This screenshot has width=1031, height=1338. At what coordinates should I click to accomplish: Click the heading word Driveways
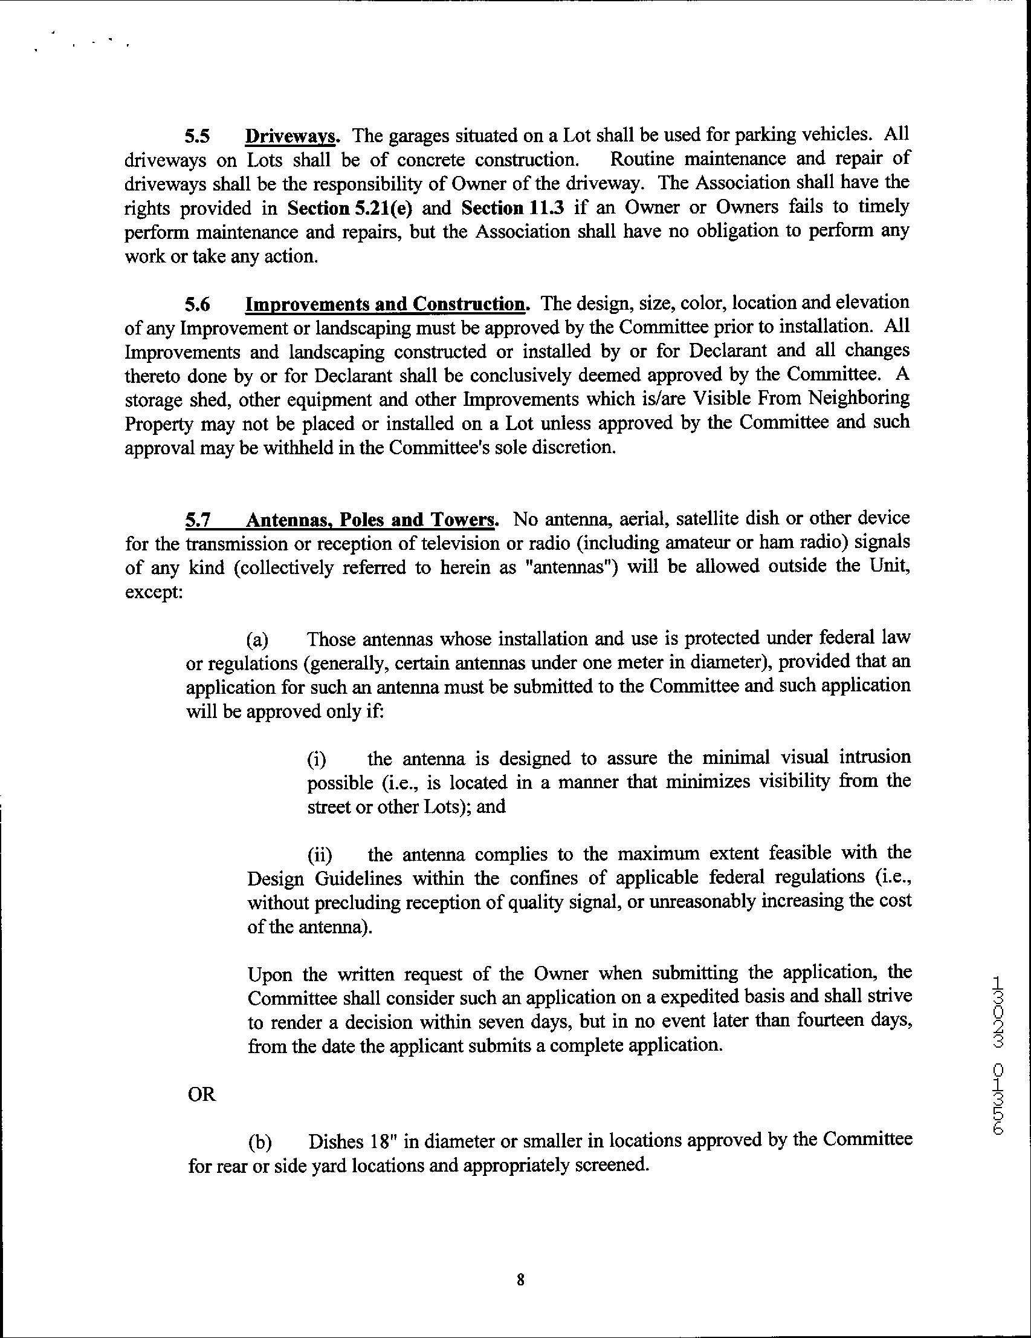coord(291,135)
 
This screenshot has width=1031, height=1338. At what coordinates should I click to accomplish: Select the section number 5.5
coord(198,135)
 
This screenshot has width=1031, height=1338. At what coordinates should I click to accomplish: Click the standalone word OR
coord(202,1094)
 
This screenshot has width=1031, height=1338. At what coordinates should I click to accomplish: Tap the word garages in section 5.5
coord(420,135)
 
